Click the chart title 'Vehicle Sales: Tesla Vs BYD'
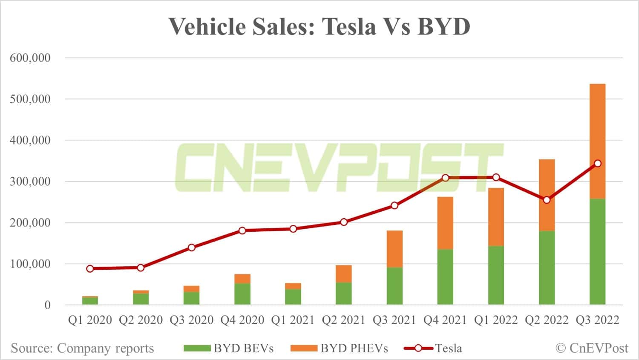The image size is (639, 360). coord(319,26)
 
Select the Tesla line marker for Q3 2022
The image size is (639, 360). coord(597,164)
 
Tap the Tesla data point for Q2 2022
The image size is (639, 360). coord(547,200)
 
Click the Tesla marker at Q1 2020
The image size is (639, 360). coord(90,268)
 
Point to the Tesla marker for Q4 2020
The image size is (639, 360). coord(242,230)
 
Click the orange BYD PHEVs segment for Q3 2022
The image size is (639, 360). coord(597,141)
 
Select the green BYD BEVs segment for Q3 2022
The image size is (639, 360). coord(597,251)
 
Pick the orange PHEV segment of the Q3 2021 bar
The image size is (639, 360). coord(394,249)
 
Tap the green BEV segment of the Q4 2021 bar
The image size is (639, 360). coord(445,277)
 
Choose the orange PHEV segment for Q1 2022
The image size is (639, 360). coord(496,217)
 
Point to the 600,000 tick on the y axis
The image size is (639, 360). coord(30,58)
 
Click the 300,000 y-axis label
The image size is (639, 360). coord(30,181)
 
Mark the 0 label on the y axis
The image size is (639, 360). coord(47,305)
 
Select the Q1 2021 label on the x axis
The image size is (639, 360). coord(293,320)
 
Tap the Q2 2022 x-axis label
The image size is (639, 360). coord(547,320)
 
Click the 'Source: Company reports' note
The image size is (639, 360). coord(82,348)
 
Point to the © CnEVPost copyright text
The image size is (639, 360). coord(592,348)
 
